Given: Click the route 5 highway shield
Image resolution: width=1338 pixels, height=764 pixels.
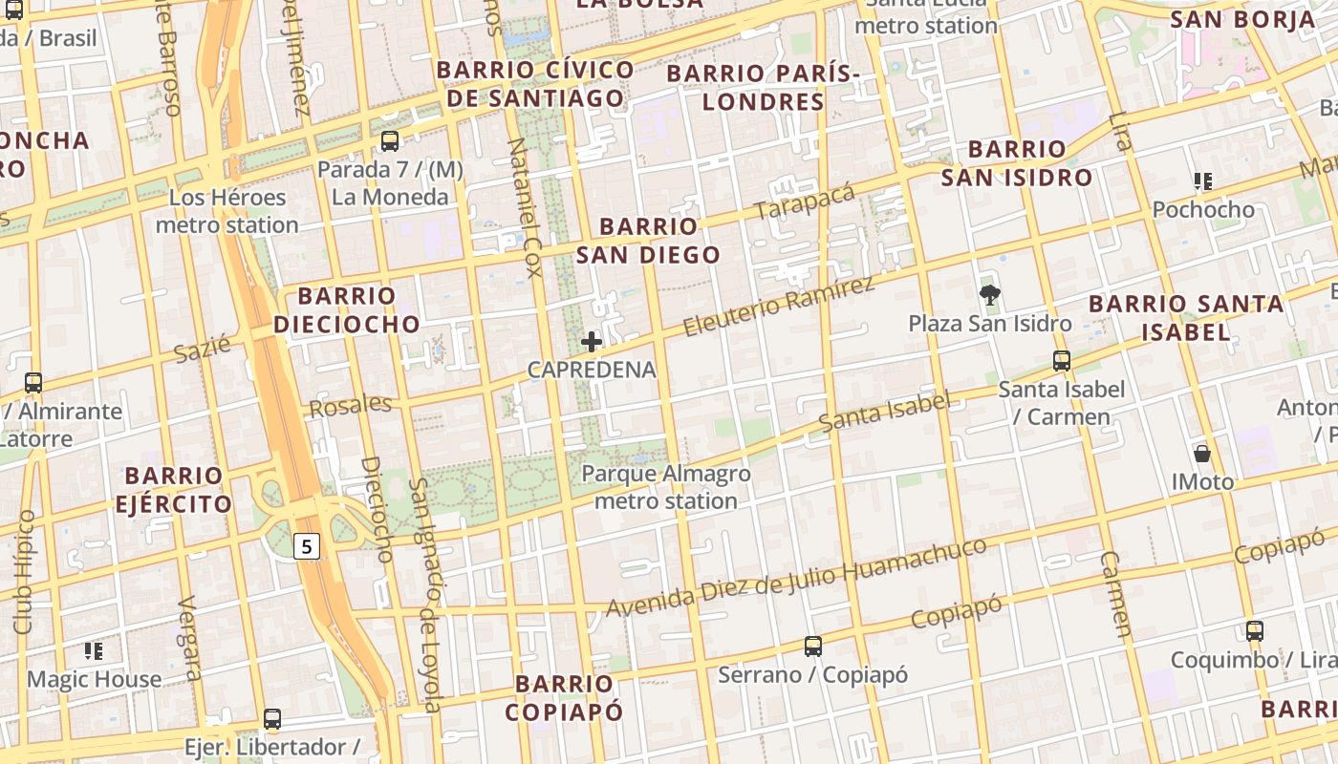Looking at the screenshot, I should tap(306, 547).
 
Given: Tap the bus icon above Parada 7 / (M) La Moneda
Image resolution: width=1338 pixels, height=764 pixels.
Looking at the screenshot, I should tap(389, 141).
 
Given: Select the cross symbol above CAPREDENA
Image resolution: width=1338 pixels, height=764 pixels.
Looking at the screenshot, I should tap(592, 342).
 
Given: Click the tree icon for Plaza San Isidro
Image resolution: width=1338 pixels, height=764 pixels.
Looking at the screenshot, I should tap(990, 295).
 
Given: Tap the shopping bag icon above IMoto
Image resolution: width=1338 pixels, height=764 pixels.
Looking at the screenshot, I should tap(1202, 454).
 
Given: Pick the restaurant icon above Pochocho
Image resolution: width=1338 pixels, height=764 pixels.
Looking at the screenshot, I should tap(1203, 180).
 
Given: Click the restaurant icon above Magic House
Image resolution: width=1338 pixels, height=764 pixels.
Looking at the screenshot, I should tap(94, 651).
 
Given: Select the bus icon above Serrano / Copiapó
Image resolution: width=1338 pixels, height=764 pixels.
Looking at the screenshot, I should tap(812, 647).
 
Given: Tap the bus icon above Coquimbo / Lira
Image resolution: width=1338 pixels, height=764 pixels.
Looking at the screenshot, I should tap(1254, 631).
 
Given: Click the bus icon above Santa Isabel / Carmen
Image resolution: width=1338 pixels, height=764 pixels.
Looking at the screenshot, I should tap(1061, 361).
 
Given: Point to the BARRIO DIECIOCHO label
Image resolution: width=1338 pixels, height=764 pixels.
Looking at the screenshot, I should tap(347, 310).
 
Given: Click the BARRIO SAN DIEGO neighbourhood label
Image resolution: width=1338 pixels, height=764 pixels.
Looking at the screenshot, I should tap(648, 241).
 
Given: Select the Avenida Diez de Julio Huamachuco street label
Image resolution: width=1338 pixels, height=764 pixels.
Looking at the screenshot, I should tap(796, 578).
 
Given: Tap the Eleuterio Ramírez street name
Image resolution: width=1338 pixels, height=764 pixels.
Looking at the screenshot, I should tap(779, 307).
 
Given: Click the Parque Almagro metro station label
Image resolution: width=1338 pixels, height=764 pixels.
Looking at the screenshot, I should tap(665, 487).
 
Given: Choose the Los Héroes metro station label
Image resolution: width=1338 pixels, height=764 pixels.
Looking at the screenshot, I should tap(227, 211).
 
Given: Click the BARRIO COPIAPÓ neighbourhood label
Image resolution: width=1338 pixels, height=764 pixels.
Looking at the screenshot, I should tap(564, 697).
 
